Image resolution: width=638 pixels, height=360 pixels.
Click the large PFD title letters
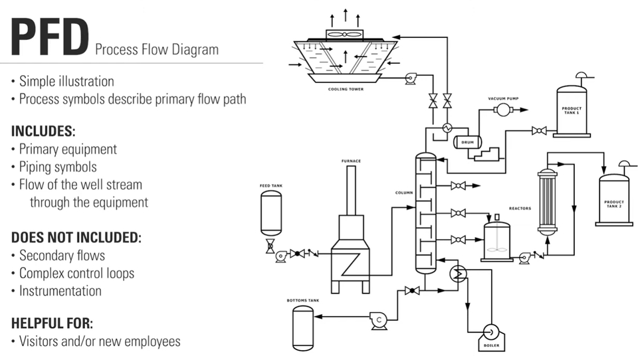pos(50,38)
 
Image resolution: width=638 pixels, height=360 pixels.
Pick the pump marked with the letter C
pos(379,321)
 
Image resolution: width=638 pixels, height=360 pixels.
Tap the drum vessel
pos(467,141)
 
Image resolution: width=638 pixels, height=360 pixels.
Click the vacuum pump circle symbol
pos(503,109)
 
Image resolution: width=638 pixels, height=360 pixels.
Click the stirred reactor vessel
pos(496,240)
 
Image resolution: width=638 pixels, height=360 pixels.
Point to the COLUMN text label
pos(403,193)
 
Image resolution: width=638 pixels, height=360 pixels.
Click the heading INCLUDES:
pos(43,131)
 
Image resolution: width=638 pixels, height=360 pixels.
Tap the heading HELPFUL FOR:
pos(52,323)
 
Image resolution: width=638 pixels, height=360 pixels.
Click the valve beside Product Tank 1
pos(539,131)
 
